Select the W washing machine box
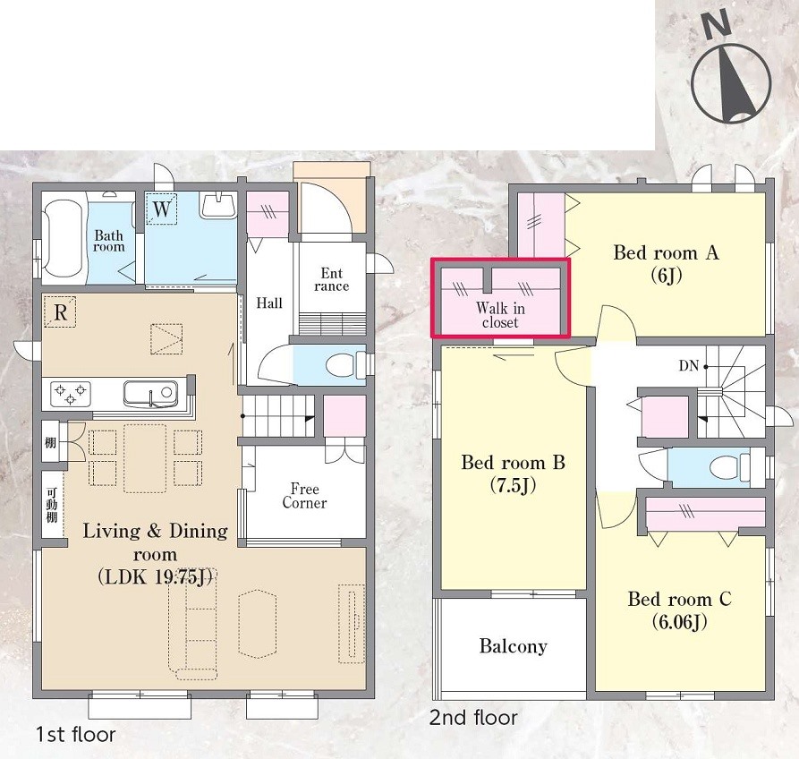[161, 209]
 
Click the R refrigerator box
[60, 311]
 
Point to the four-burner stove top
[71, 394]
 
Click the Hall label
[269, 303]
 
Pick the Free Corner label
[304, 496]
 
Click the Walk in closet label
[500, 315]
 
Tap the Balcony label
[514, 646]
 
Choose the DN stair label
[688, 365]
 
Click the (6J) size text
[666, 276]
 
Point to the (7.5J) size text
[513, 485]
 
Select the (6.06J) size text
[679, 622]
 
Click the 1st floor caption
[76, 735]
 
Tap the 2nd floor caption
[473, 718]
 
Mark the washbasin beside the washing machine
[217, 206]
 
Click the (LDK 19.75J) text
[155, 576]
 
